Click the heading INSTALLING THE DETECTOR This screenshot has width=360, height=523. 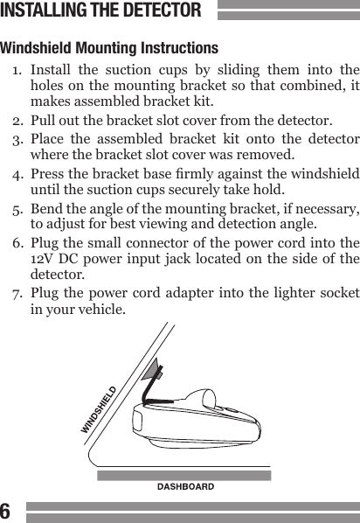click(101, 11)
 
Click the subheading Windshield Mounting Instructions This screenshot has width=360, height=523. click(109, 47)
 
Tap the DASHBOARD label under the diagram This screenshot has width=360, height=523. click(185, 485)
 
